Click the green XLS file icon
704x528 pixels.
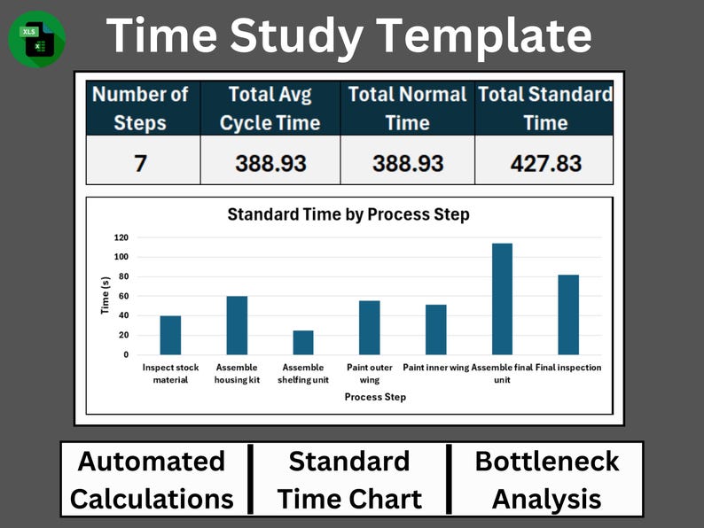[x=36, y=38]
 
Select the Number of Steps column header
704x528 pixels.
[x=141, y=108]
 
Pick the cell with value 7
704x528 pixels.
[x=141, y=163]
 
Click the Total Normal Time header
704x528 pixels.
[x=407, y=108]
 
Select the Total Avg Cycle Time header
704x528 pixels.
[x=270, y=108]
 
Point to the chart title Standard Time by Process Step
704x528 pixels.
[x=348, y=214]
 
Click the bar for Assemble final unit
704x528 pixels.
[x=502, y=299]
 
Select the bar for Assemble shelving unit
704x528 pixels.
[x=303, y=343]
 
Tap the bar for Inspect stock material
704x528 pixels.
[x=170, y=336]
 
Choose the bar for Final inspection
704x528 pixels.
[x=568, y=314]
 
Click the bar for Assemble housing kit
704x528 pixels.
[x=237, y=325]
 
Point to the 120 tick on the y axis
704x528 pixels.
[x=121, y=237]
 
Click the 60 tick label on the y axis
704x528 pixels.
[x=123, y=296]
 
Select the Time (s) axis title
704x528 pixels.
[x=105, y=295]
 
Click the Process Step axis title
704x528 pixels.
[x=375, y=397]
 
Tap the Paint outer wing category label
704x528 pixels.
[x=369, y=373]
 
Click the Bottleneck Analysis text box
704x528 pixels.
[x=545, y=479]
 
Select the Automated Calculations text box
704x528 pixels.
[x=152, y=479]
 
